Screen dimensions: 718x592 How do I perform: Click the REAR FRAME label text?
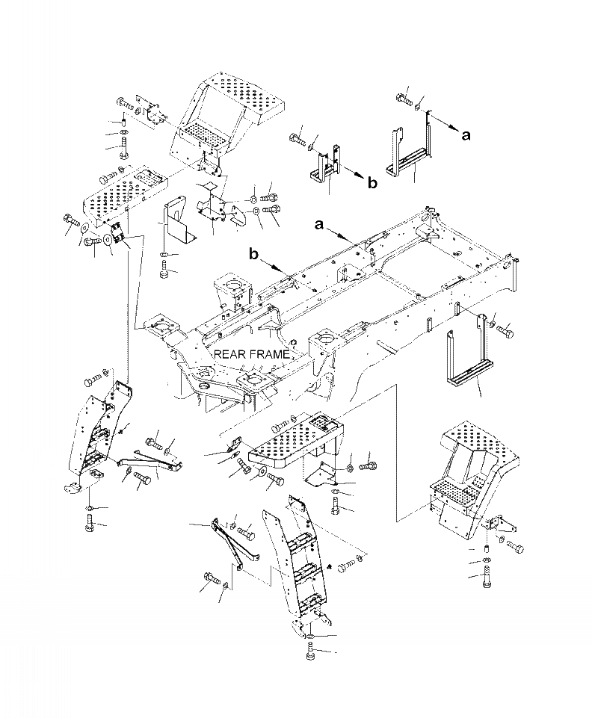pos(249,354)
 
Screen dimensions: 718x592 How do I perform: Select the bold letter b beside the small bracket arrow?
pos(373,182)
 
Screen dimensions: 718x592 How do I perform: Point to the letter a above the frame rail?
pos(320,223)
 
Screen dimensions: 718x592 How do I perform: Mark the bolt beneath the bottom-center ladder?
pos(311,652)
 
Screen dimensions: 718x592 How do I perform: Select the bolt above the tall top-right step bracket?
pos(405,97)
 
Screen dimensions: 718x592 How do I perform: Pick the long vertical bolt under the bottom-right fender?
pos(487,579)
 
